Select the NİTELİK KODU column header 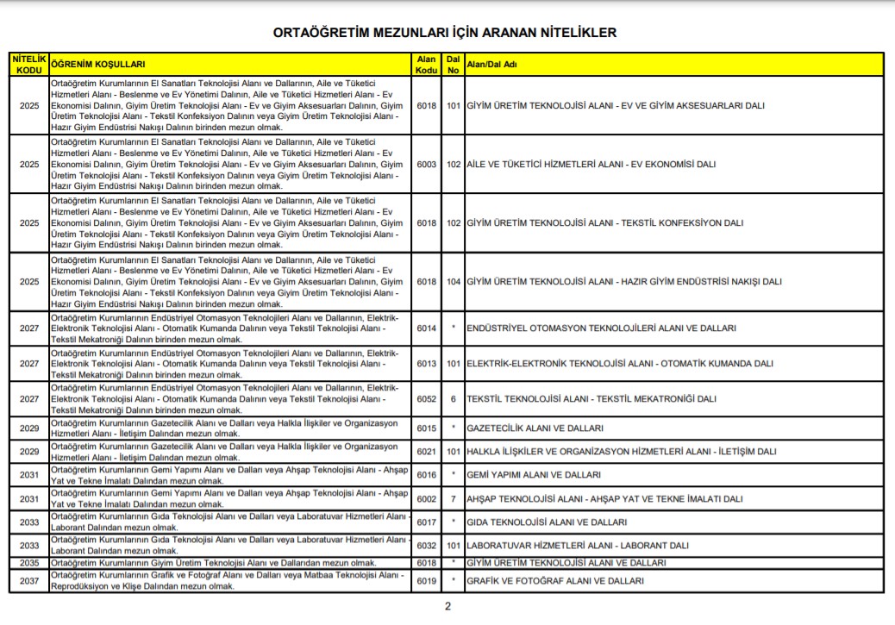tap(29, 64)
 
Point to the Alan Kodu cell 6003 tap(426, 164)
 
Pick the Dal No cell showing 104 tap(454, 282)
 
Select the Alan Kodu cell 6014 tap(426, 328)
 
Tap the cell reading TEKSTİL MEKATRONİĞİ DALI tap(591, 399)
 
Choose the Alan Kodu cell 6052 tap(426, 399)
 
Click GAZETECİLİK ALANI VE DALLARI tap(535, 428)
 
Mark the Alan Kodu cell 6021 tap(426, 452)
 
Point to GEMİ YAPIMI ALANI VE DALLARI tap(533, 475)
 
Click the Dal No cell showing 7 tap(454, 499)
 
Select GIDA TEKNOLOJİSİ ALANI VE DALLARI tap(546, 522)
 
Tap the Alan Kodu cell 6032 tap(426, 546)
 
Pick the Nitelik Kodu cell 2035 tap(29, 563)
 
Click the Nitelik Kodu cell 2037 tap(29, 581)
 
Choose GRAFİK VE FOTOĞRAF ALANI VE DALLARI tap(554, 581)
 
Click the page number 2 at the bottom tap(447, 606)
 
